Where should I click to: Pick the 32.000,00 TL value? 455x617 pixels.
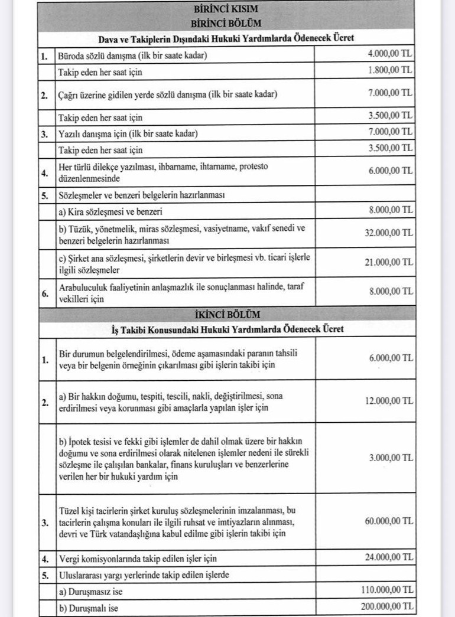point(388,233)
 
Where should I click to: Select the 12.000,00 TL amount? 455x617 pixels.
point(388,401)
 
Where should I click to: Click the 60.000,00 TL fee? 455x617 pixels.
point(388,521)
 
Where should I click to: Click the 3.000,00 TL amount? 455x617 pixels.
point(390,458)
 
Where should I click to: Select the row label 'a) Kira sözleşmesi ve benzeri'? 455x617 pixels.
point(110,211)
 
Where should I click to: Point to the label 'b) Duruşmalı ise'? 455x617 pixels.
point(89,607)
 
